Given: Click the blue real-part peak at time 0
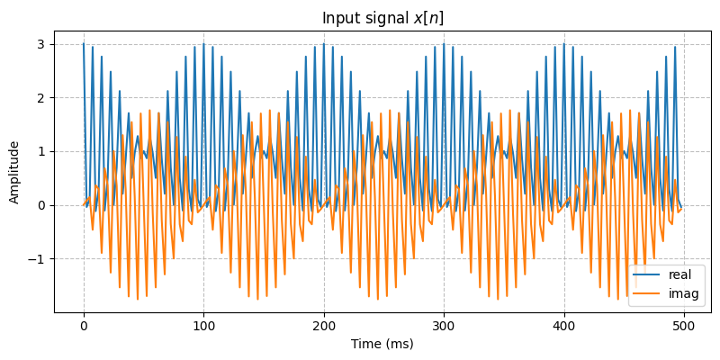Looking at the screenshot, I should [x=84, y=44].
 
